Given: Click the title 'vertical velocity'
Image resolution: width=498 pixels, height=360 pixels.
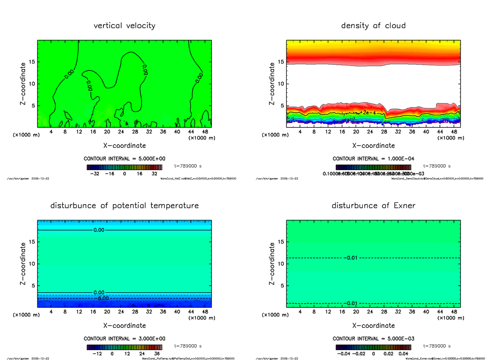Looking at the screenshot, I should tap(124, 26).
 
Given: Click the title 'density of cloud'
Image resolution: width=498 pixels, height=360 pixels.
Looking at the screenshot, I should tap(373, 26).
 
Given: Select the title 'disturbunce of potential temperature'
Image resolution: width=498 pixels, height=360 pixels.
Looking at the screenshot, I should tap(124, 206).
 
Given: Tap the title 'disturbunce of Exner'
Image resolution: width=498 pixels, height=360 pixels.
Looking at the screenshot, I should tap(373, 206).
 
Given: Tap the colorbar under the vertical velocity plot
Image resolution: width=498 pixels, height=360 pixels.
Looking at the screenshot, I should tap(124, 167).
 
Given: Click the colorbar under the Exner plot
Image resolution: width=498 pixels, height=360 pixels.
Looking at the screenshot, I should tap(373, 347).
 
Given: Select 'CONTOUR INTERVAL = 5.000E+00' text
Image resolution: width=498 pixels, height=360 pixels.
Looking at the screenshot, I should tap(124, 159).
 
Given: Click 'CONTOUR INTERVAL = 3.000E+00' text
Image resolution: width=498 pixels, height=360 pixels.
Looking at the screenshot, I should tap(124, 339).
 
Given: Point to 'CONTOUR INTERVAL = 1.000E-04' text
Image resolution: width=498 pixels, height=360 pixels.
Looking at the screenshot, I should tap(373, 159).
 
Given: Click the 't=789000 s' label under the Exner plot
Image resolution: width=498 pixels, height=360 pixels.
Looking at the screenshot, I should tap(437, 345).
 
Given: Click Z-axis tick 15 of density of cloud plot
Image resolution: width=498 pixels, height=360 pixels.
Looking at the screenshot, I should tap(281, 62).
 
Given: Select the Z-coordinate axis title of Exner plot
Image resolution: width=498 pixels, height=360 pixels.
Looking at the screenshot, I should tap(272, 264).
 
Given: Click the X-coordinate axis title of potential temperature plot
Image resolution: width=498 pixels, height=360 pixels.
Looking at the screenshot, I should tap(124, 326).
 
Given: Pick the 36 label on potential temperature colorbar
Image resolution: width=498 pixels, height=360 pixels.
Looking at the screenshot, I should tap(157, 354).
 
